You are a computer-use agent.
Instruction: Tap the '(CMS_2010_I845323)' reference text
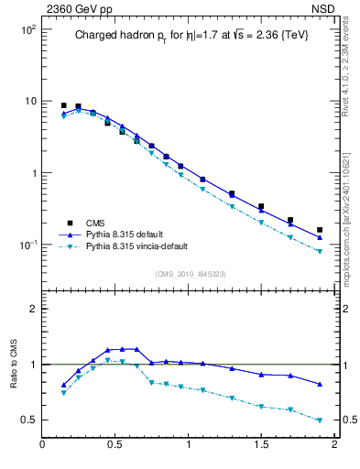tap(190, 272)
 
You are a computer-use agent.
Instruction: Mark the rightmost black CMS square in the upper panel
tap(320, 230)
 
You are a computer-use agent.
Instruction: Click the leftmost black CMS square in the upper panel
tap(63, 105)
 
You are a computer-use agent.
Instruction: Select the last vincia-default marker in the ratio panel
tap(320, 420)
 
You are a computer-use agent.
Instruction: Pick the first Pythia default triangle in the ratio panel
tap(63, 385)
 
